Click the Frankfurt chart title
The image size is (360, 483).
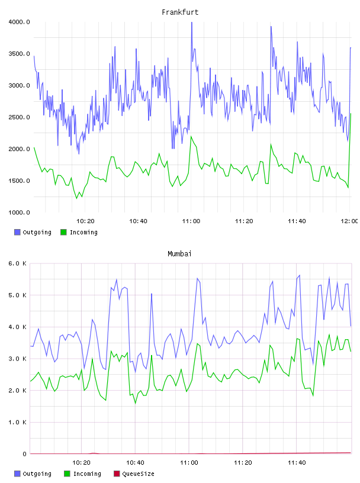tap(180, 12)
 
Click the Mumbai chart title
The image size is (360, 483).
tap(179, 254)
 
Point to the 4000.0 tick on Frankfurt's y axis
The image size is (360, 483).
tap(19, 22)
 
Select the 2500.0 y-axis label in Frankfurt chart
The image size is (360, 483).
tap(19, 117)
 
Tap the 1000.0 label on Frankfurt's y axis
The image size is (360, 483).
tap(19, 212)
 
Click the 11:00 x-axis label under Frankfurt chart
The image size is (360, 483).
tap(191, 221)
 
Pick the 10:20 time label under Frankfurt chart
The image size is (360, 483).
tap(85, 221)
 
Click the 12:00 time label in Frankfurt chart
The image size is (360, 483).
tap(349, 221)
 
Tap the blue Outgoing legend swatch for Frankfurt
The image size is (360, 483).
tap(17, 232)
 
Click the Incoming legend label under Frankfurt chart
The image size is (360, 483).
tap(83, 232)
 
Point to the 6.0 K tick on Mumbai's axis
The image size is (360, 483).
tap(18, 263)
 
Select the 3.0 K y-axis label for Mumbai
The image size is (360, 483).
tap(18, 359)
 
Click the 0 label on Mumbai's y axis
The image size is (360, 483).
tap(24, 454)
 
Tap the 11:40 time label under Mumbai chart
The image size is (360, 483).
tap(297, 463)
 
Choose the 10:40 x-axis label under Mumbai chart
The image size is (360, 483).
tap(135, 463)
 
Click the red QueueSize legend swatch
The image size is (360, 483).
tap(117, 474)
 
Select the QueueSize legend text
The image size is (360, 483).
tap(138, 474)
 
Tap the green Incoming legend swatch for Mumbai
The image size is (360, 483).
tap(67, 474)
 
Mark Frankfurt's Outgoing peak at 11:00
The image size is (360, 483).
tap(191, 22)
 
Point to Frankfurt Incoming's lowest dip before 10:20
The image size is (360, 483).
tap(77, 198)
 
